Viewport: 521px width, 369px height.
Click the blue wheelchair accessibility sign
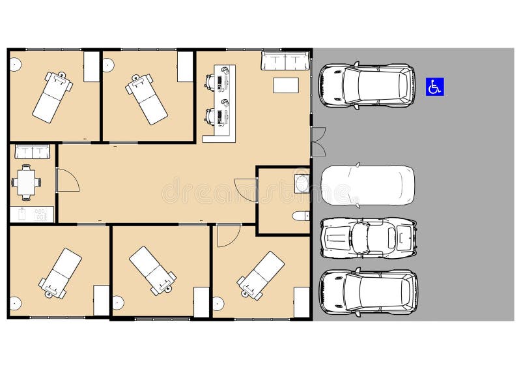[435, 86]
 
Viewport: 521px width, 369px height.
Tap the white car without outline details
[368, 185]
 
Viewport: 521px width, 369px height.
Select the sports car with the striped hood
[368, 237]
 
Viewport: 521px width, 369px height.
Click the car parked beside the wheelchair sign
[367, 85]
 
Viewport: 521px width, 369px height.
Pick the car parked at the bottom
[368, 292]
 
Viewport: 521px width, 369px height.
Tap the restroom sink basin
[302, 183]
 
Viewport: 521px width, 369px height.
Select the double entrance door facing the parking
[318, 142]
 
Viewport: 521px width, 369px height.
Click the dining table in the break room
[26, 182]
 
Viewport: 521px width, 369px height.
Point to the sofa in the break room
[32, 152]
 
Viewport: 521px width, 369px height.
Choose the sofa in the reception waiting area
[284, 61]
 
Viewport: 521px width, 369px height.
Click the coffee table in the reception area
[285, 85]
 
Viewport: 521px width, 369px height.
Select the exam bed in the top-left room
[52, 96]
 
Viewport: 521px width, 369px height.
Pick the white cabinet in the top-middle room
[186, 66]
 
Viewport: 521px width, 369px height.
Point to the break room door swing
[66, 180]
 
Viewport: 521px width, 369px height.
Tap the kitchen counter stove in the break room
[41, 214]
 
